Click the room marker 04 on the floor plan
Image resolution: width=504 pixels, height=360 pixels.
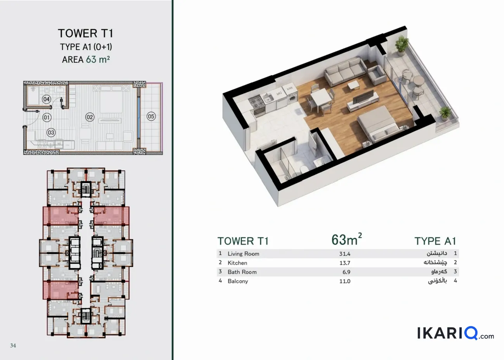point(47,99)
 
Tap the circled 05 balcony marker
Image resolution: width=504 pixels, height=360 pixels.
point(151,116)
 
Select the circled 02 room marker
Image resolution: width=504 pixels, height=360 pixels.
point(90,117)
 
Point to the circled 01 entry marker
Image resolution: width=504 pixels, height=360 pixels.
point(47,117)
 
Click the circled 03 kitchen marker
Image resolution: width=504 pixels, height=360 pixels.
point(51,133)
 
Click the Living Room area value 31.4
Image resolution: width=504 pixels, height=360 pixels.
point(345,254)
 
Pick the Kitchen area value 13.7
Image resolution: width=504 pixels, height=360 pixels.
point(345,263)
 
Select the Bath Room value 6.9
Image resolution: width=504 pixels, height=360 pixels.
point(346,272)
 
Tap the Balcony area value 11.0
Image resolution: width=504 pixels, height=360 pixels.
point(345,281)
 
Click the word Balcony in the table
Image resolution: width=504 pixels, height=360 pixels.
point(238,281)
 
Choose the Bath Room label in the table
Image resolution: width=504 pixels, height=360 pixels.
point(242,272)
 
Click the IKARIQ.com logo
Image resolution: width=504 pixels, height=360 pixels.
point(456,334)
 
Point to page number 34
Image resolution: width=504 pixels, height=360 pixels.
point(13,346)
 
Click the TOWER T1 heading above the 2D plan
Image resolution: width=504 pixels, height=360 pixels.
point(86,33)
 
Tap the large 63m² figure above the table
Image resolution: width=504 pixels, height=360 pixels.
point(347,239)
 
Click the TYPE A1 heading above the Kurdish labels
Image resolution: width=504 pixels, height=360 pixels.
point(435,241)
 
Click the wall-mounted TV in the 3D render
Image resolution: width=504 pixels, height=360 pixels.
point(363,97)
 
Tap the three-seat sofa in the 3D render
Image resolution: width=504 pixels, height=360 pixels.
point(345,71)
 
